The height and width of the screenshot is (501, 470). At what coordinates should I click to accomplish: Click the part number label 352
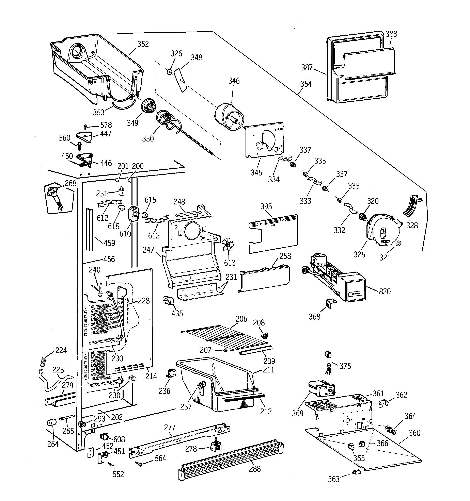pyautogui.click(x=143, y=44)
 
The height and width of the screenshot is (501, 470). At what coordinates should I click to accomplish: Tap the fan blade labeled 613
pyautogui.click(x=228, y=245)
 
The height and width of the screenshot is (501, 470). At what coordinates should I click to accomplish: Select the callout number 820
pyautogui.click(x=385, y=291)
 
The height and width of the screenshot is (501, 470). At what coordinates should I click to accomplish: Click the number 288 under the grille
pyautogui.click(x=255, y=469)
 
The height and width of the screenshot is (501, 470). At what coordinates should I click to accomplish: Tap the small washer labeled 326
pyautogui.click(x=169, y=72)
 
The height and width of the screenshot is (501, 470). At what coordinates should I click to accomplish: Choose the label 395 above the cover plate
pyautogui.click(x=266, y=206)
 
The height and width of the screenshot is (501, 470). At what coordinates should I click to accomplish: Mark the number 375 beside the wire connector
pyautogui.click(x=345, y=366)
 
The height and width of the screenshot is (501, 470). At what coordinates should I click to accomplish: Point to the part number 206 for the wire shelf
pyautogui.click(x=241, y=319)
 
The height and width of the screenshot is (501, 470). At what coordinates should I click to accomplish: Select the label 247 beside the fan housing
pyautogui.click(x=148, y=250)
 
